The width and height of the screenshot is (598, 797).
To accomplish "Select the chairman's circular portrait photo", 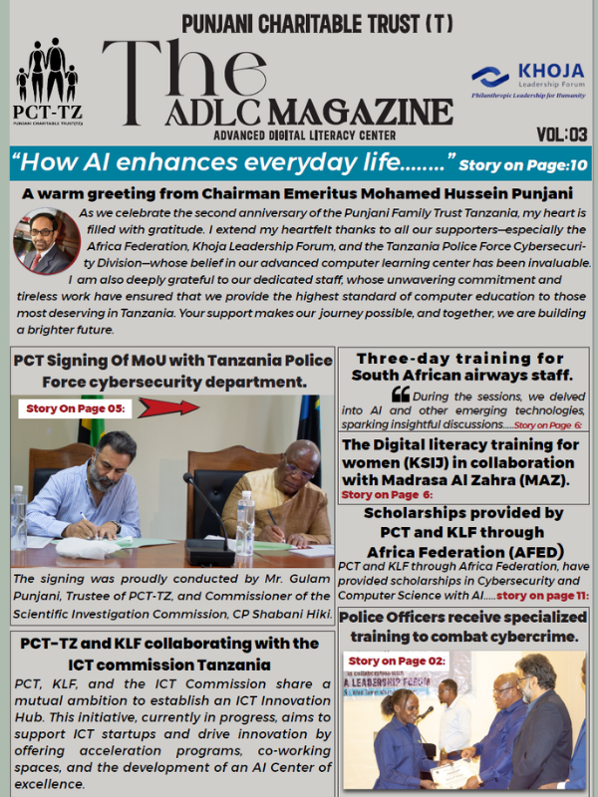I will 46,240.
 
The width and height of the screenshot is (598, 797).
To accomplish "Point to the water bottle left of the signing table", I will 19,517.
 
